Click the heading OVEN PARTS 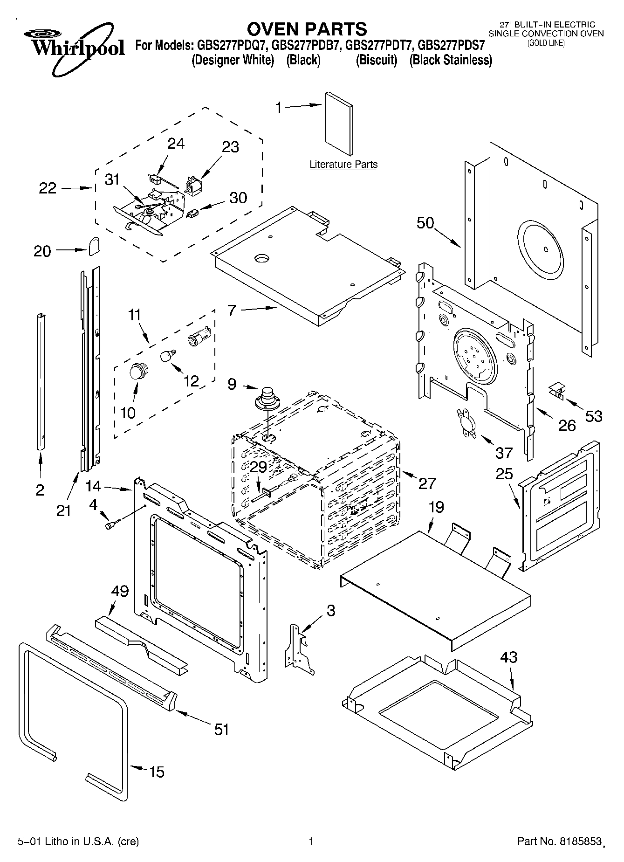click(x=307, y=29)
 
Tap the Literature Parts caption click(x=343, y=165)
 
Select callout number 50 click(x=425, y=223)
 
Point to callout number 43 click(x=509, y=657)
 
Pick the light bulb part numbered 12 click(x=167, y=356)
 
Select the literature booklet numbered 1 click(x=339, y=123)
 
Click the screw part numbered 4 click(x=112, y=525)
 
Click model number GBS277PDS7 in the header click(x=452, y=46)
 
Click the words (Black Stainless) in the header click(x=451, y=60)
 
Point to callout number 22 click(x=48, y=188)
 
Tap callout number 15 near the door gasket click(x=157, y=772)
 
